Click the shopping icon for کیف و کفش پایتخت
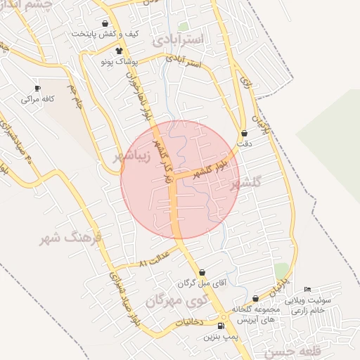(x=105, y=23)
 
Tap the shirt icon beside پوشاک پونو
(x=119, y=51)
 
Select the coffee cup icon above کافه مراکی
(x=37, y=88)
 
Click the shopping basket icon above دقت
(x=244, y=133)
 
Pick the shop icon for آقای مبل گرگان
(x=202, y=272)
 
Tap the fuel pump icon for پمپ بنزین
(x=221, y=326)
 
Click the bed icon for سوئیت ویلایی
(x=307, y=290)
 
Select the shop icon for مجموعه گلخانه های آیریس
(x=255, y=299)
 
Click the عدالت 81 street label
(x=155, y=257)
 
